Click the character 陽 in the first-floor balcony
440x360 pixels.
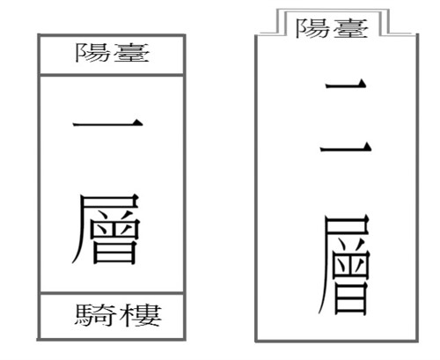(x=92, y=53)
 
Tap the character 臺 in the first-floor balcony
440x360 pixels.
(x=131, y=53)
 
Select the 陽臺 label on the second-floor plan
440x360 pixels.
(x=332, y=28)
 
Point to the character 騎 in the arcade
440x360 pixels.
(x=94, y=315)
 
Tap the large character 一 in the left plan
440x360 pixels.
(x=107, y=123)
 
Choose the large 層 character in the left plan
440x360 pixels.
(x=106, y=229)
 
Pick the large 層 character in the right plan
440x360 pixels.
(x=344, y=265)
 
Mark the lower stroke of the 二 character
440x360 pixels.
(x=346, y=147)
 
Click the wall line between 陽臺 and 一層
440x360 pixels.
(x=112, y=75)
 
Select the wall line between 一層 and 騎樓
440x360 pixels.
(x=112, y=293)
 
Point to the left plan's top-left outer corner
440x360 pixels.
(x=39, y=35)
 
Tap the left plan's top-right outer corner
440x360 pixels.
(x=185, y=35)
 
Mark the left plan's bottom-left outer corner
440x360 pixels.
(x=39, y=340)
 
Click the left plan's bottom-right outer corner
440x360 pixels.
(x=185, y=340)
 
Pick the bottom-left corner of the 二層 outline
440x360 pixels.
(x=256, y=341)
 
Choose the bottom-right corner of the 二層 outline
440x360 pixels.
(x=417, y=341)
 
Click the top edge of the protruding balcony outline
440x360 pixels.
(x=333, y=10)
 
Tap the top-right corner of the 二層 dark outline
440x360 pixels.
(x=417, y=35)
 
